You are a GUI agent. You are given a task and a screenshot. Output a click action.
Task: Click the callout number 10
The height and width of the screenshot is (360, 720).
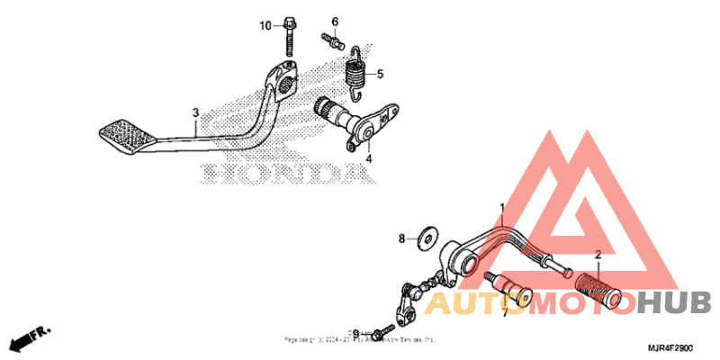click(x=265, y=25)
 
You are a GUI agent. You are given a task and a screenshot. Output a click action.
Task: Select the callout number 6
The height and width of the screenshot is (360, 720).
click(x=334, y=21)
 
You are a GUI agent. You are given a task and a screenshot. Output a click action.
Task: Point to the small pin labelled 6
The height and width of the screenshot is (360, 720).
click(x=332, y=40)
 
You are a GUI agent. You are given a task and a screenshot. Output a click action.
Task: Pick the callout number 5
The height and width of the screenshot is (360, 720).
click(x=379, y=74)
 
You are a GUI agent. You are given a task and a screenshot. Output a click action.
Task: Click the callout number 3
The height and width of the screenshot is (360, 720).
click(x=194, y=112)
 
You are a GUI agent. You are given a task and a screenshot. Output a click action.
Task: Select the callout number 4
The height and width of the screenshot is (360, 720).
click(x=367, y=159)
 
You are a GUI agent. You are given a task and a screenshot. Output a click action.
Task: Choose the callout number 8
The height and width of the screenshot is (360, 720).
click(x=402, y=238)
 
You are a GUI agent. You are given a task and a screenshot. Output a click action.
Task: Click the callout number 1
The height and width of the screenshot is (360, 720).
click(x=502, y=208)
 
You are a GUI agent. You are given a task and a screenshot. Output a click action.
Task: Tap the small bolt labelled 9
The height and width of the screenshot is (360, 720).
click(x=384, y=328)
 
